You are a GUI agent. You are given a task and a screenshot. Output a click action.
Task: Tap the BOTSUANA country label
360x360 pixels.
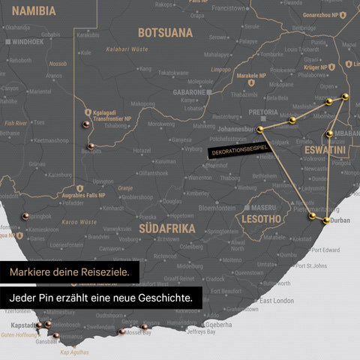click(165, 33)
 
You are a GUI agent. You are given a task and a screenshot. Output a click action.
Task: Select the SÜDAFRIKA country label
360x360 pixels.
click(168, 228)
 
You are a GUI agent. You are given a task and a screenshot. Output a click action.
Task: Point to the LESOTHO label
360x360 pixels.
click(259, 219)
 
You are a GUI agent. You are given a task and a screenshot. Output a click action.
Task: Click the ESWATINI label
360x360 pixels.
click(325, 151)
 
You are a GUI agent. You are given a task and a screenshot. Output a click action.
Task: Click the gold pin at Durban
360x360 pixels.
click(326, 220)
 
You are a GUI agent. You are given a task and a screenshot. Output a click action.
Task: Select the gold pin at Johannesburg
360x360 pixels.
click(260, 130)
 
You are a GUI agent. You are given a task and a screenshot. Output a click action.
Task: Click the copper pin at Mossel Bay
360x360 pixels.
click(121, 331)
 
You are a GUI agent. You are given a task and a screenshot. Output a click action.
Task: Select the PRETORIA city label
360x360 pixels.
click(262, 112)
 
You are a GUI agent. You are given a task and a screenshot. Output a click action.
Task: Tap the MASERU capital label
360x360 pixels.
click(263, 207)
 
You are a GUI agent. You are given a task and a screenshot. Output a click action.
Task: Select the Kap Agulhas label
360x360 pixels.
click(74, 352)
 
